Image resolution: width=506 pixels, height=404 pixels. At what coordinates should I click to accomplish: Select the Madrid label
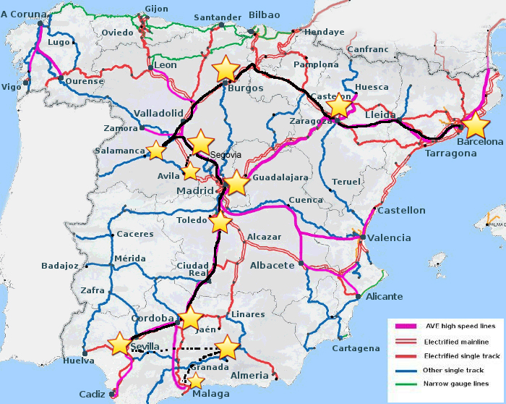tap(197, 191)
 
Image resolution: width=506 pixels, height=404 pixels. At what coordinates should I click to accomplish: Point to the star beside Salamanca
tap(155, 150)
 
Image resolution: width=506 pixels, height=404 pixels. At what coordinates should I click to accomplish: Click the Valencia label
tap(389, 237)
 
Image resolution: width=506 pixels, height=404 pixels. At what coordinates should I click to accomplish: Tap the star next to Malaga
tap(196, 380)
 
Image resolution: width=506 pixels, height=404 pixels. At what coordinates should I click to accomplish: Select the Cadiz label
tap(92, 394)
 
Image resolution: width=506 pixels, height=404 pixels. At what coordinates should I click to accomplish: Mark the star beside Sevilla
tap(119, 345)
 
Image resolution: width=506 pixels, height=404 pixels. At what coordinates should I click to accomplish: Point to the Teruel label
tap(345, 182)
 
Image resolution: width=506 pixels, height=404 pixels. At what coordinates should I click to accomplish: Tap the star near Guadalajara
tap(236, 183)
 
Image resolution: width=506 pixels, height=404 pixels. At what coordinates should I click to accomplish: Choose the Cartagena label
tap(356, 348)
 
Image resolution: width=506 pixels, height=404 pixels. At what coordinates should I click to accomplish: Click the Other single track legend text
tap(454, 369)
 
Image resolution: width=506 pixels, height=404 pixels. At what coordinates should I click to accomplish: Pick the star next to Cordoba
tap(190, 319)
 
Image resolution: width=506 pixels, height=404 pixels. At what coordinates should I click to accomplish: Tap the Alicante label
tap(385, 296)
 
